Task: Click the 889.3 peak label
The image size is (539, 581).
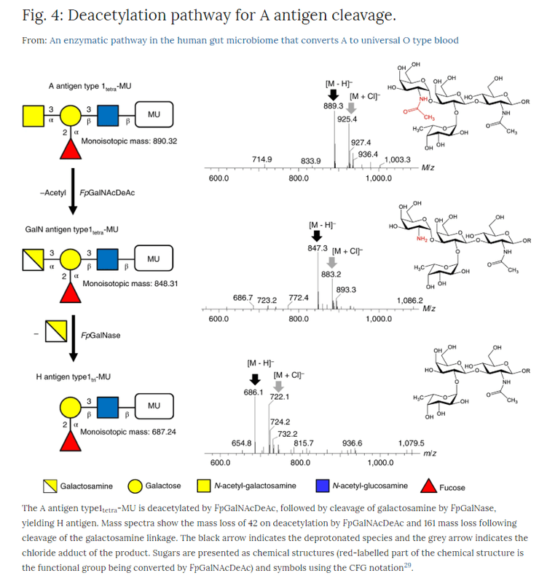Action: pyautogui.click(x=334, y=106)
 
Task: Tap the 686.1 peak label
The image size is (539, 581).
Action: pyautogui.click(x=253, y=392)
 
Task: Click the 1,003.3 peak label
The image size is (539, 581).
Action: pyautogui.click(x=398, y=159)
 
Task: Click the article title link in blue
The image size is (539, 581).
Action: pyautogui.click(x=254, y=40)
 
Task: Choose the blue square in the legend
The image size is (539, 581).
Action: pyautogui.click(x=320, y=486)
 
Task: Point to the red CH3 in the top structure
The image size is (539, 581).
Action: pyautogui.click(x=428, y=117)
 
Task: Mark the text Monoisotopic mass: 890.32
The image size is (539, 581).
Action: pyautogui.click(x=128, y=141)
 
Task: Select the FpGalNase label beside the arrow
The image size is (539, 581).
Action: pyautogui.click(x=101, y=336)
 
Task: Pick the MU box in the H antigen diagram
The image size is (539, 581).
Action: pyautogui.click(x=153, y=406)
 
